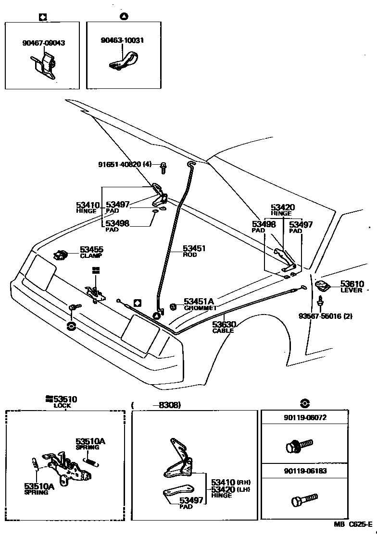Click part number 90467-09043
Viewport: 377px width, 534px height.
pos(43,43)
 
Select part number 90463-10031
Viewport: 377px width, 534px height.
pos(122,40)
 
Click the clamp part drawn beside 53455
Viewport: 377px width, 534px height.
pos(60,255)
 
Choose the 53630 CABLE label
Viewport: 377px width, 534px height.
pos(223,327)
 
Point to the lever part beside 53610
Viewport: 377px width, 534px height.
pos(322,286)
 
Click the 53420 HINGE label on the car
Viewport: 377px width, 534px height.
pos(282,209)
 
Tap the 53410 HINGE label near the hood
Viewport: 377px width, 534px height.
pos(88,207)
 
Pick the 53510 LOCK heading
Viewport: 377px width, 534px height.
pos(62,401)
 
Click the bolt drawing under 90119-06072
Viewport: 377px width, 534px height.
pos(298,445)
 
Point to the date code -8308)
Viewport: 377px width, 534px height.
pos(166,405)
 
